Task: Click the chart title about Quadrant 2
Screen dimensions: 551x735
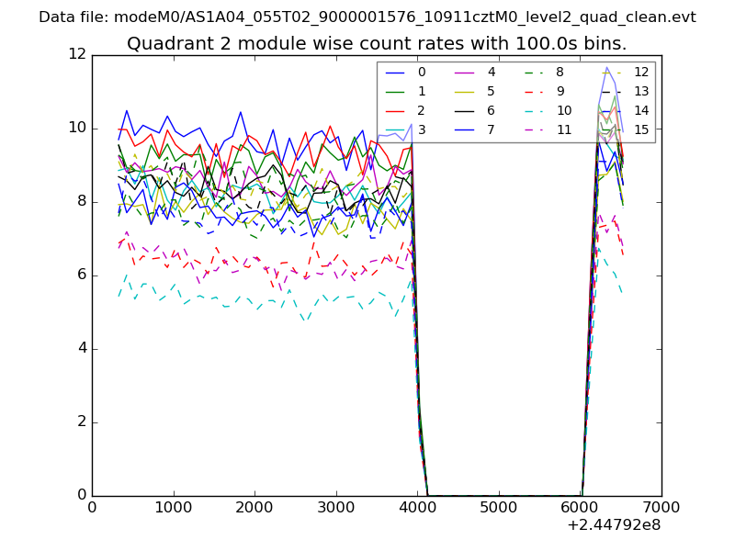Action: coord(377,43)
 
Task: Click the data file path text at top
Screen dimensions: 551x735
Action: coord(367,17)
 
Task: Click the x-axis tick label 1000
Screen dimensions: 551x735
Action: coord(173,506)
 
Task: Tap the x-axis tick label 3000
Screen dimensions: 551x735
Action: coord(335,506)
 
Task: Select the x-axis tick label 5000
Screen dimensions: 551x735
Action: coord(499,506)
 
